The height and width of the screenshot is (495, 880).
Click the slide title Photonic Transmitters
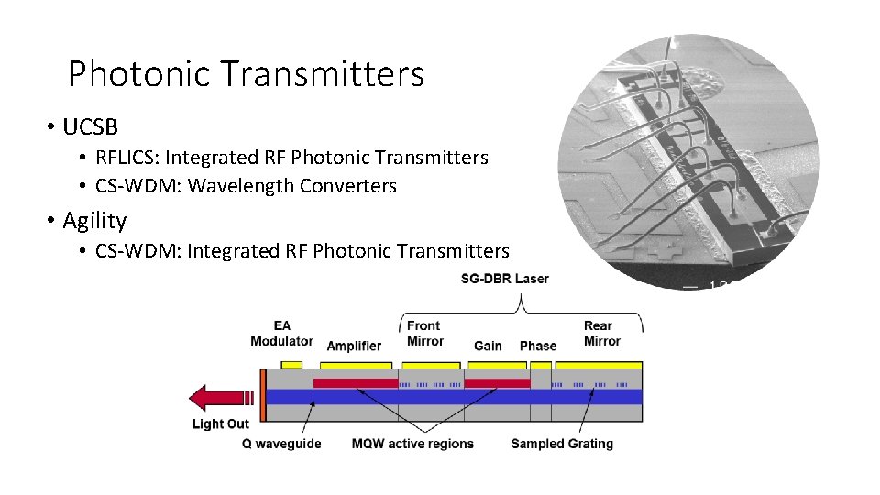click(246, 73)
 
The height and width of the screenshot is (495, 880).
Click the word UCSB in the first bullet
click(90, 126)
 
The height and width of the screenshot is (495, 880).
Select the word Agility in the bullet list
click(94, 221)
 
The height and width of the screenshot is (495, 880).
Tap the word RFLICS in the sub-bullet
click(126, 158)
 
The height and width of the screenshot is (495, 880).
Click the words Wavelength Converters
click(291, 186)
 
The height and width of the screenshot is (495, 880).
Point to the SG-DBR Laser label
click(504, 279)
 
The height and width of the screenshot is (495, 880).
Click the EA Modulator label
click(281, 334)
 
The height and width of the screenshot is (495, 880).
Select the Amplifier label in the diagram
click(354, 346)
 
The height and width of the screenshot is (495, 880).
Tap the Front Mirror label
click(424, 334)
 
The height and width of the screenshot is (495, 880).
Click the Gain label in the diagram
click(488, 346)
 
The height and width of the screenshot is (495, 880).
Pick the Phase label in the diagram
click(538, 346)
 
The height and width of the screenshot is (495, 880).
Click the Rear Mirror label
click(601, 334)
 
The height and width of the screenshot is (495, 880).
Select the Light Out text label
click(220, 424)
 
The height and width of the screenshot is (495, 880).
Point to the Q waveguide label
click(281, 444)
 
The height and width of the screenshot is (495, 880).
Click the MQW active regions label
click(412, 444)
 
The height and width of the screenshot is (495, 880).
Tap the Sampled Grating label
click(561, 444)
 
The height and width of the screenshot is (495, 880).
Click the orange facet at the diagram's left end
click(262, 395)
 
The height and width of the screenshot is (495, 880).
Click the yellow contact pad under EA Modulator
click(291, 365)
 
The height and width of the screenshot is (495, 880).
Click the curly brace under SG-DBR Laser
click(522, 307)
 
